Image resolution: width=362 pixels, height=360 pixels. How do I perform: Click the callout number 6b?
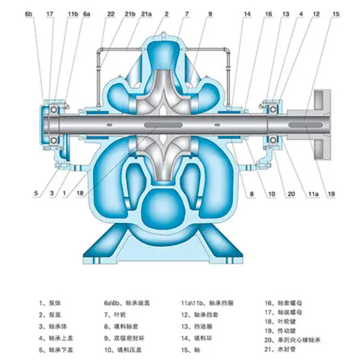pos(29,13)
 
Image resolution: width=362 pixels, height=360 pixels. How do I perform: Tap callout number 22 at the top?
pos(111,13)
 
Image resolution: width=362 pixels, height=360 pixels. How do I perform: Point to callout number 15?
pos(336,13)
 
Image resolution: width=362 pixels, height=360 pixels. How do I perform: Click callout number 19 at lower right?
pos(332,193)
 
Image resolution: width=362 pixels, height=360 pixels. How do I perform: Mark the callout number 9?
pos(210,13)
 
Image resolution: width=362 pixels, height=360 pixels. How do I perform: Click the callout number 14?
pos(246,13)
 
